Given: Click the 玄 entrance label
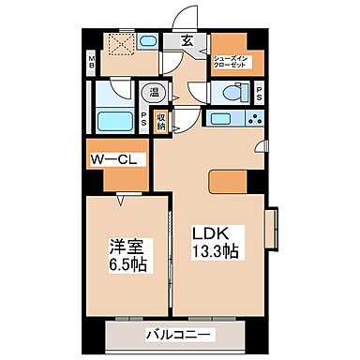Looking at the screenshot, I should click(x=187, y=40).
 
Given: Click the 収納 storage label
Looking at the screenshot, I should click(x=161, y=121).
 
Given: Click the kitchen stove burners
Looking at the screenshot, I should click(x=254, y=119).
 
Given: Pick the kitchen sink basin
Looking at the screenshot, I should click(x=223, y=119).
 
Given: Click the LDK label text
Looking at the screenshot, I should click(x=210, y=232).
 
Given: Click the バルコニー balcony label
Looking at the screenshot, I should click(x=178, y=335).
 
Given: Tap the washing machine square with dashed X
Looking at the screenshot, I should click(x=119, y=45).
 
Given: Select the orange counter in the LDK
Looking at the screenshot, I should click(x=228, y=183).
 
